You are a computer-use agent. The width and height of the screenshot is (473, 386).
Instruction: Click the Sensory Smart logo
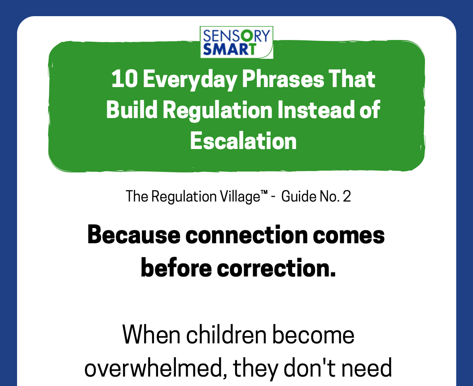(236, 42)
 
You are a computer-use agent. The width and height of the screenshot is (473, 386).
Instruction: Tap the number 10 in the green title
(125, 79)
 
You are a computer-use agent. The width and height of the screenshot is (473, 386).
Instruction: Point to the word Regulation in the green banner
(218, 111)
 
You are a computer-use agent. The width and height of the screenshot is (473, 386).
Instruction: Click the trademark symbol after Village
(264, 193)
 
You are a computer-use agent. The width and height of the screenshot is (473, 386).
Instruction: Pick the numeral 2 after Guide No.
(347, 197)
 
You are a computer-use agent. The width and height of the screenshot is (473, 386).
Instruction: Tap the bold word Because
(134, 235)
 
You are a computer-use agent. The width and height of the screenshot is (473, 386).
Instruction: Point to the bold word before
(176, 268)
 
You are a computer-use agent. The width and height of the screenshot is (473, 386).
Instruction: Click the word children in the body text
(226, 334)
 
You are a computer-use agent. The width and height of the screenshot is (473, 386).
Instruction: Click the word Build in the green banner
(132, 110)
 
